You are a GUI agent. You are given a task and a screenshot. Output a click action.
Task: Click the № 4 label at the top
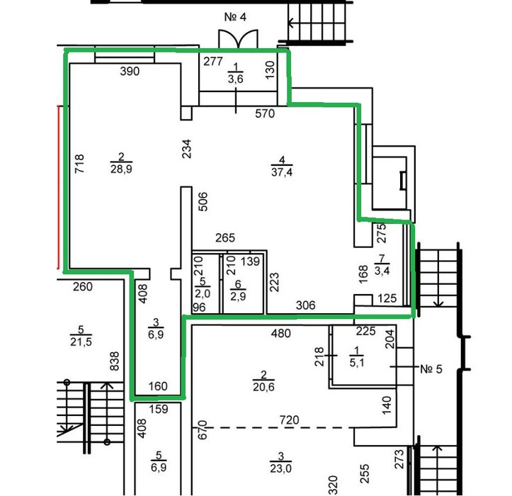click(235, 17)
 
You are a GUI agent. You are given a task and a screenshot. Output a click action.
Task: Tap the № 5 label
click(431, 369)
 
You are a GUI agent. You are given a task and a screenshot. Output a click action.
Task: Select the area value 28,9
click(121, 169)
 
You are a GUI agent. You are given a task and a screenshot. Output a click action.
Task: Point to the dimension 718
click(79, 164)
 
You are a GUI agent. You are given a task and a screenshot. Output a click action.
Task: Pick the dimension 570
click(265, 113)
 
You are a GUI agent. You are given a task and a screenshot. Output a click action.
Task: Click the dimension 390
click(130, 72)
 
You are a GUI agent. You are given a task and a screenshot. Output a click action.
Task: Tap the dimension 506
click(203, 202)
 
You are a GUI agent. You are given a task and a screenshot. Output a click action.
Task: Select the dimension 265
click(225, 238)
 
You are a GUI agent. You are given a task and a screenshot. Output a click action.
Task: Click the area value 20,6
click(263, 387)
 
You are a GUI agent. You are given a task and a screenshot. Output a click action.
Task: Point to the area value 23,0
click(281, 468)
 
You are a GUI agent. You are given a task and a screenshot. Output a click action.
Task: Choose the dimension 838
click(114, 361)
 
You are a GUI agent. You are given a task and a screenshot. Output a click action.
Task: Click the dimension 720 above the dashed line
click(290, 420)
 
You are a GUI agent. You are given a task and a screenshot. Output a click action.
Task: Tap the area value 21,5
click(81, 342)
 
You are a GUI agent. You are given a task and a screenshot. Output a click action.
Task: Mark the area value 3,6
click(235, 79)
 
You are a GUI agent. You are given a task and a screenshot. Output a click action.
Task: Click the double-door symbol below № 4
click(238, 39)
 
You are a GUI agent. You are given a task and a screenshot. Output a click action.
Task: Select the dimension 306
click(306, 305)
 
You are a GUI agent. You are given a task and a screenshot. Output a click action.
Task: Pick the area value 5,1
click(357, 363)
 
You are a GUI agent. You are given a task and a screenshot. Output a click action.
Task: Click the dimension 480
click(281, 333)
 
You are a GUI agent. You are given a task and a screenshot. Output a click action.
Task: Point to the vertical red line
click(59, 187)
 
